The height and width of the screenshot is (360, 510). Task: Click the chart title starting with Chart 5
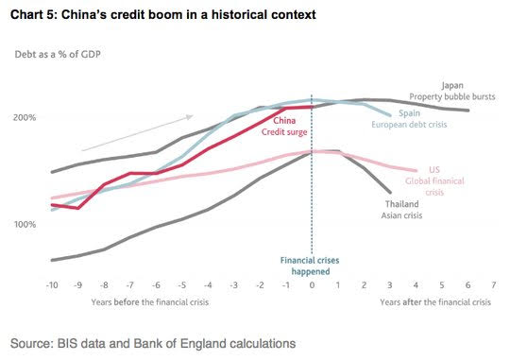tap(163, 15)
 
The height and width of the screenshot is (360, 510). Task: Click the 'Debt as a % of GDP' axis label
tap(58, 54)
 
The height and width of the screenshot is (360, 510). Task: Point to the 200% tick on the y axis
tap(25, 117)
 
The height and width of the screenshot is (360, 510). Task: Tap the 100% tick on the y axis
tap(25, 224)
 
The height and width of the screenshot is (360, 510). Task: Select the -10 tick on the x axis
tap(52, 285)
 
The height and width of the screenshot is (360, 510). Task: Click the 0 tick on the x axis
tap(312, 285)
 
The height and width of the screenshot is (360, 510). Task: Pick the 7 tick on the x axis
tap(494, 285)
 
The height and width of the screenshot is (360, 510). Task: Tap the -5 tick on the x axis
tap(182, 285)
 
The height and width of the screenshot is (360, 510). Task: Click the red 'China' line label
tap(284, 121)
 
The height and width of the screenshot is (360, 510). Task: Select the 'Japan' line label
tap(452, 86)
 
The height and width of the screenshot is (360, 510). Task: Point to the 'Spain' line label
tap(409, 113)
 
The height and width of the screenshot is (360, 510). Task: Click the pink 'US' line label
tap(434, 169)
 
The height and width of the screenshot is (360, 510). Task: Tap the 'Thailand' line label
tap(402, 204)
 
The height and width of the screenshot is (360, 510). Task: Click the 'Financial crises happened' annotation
tap(310, 266)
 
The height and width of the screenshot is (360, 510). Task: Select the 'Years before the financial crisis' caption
tap(150, 302)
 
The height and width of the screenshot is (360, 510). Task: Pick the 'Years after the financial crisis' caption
tap(435, 302)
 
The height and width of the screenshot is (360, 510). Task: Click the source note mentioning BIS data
tap(153, 344)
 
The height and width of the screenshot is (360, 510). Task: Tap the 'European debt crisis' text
tap(409, 125)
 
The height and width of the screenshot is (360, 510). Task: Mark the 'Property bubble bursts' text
tap(452, 96)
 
